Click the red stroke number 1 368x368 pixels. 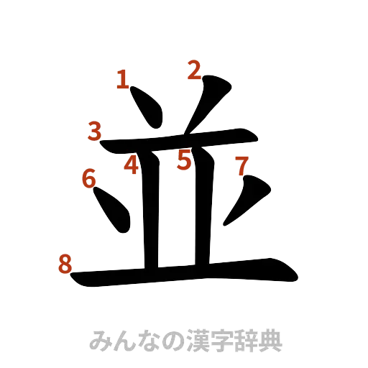[123, 79]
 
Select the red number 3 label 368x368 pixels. [95, 132]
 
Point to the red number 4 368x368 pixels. [131, 165]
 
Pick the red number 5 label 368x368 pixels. [185, 160]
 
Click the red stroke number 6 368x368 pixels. [89, 178]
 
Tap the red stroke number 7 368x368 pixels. [241, 167]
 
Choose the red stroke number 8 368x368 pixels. [65, 266]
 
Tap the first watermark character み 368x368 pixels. [97, 339]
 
